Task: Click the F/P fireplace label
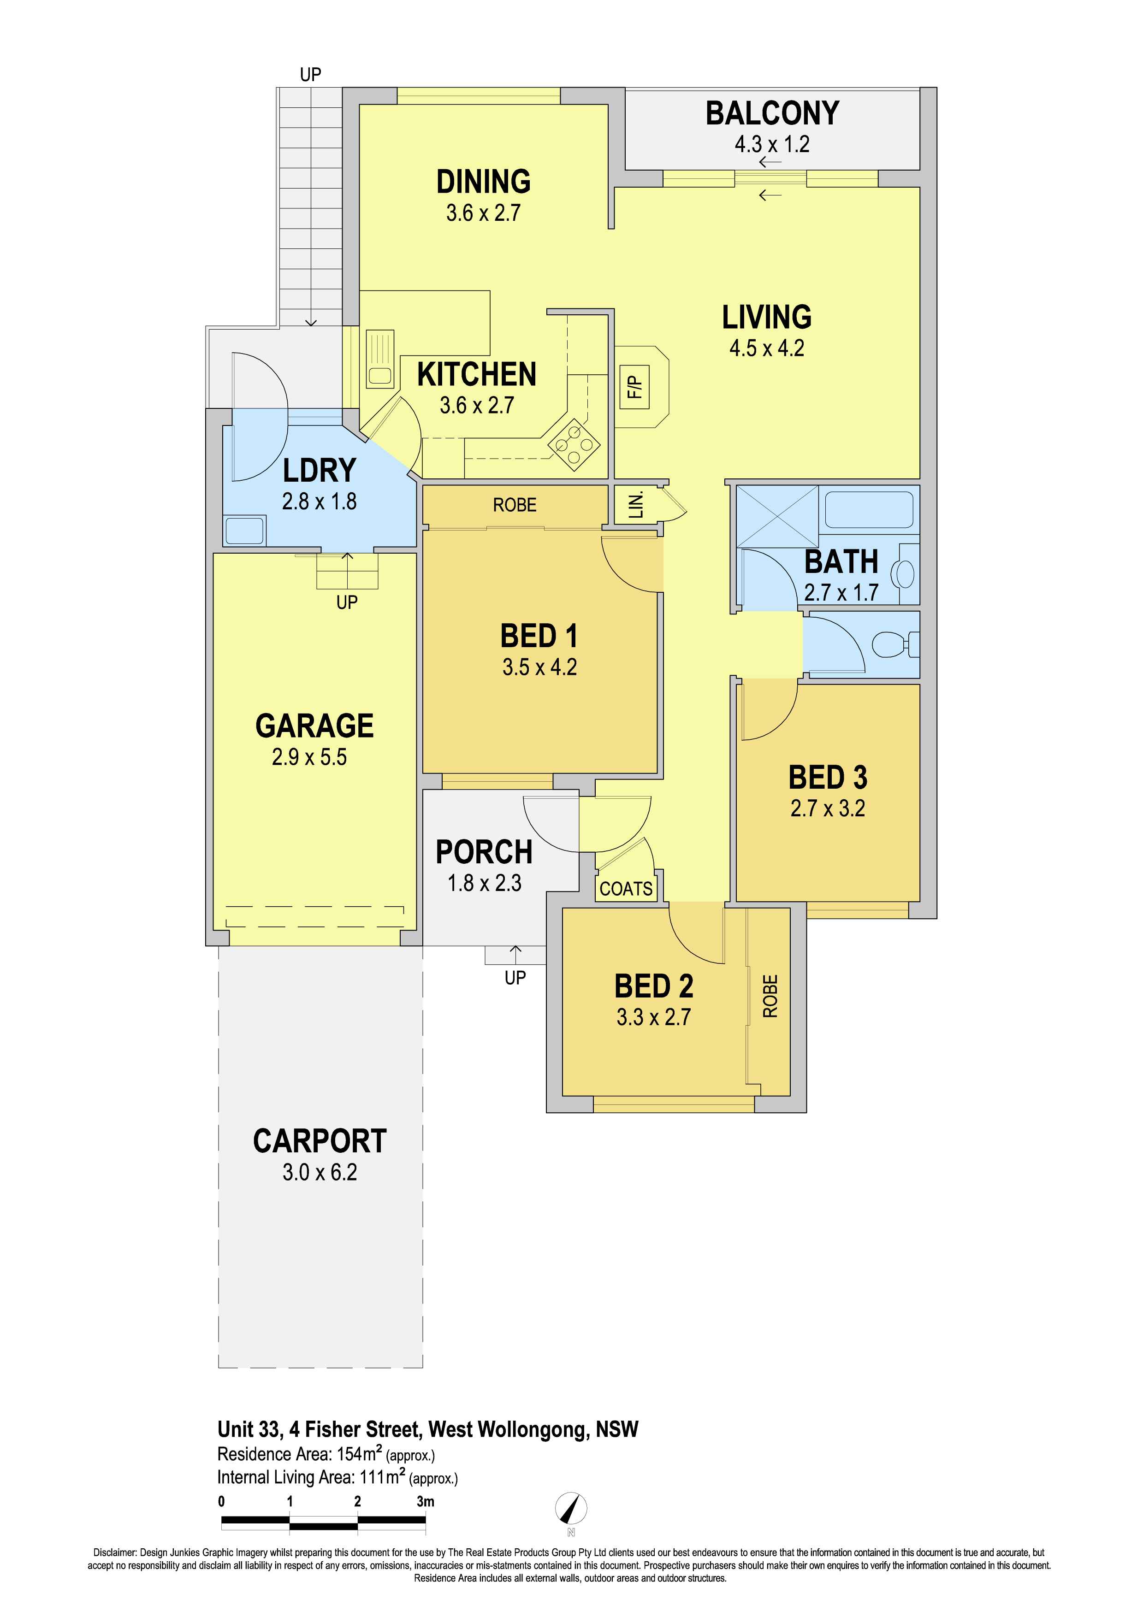click(x=634, y=387)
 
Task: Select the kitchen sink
click(x=380, y=359)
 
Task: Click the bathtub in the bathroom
click(x=869, y=509)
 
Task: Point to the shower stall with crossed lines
click(x=777, y=516)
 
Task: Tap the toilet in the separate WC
click(x=895, y=643)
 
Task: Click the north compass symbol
click(x=571, y=1510)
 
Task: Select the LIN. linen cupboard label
click(x=636, y=505)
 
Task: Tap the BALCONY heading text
click(x=773, y=113)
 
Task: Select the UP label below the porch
click(x=515, y=978)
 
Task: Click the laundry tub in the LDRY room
click(x=244, y=530)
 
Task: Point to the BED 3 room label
click(x=828, y=778)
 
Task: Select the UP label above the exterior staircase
click(x=311, y=75)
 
